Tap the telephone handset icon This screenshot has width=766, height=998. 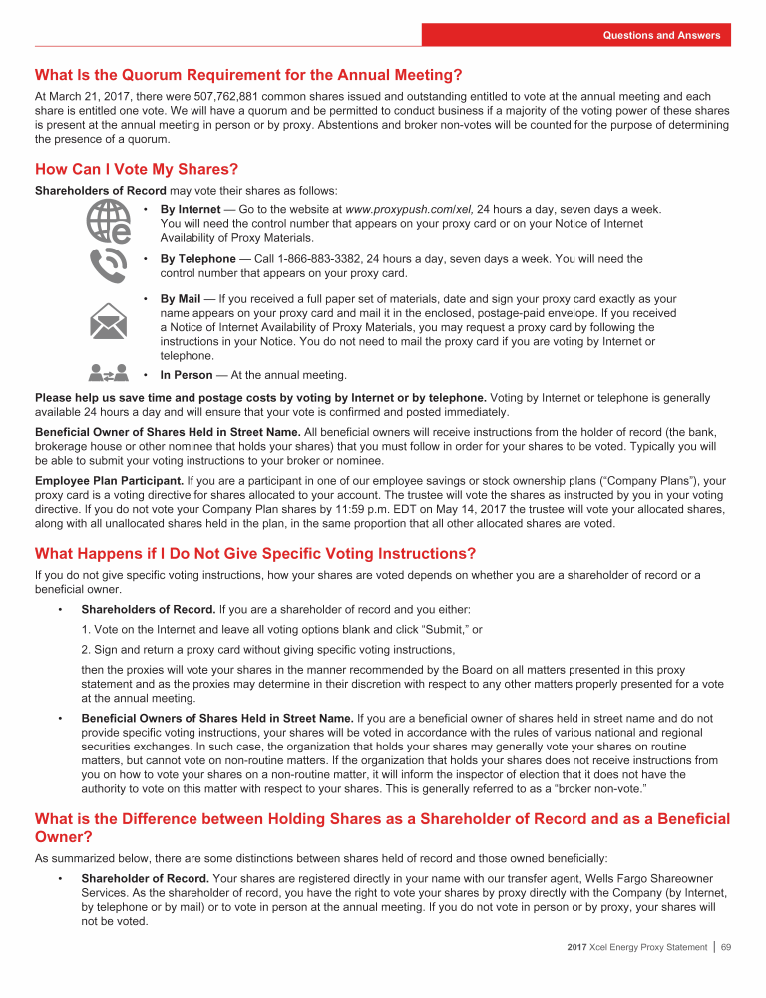[x=107, y=265]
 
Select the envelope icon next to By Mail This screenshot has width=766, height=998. [x=107, y=321]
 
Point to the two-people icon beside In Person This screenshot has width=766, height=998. [x=108, y=373]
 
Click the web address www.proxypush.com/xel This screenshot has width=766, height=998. [x=408, y=210]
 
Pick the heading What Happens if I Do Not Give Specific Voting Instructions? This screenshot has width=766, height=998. [x=255, y=554]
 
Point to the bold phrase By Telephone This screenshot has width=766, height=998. [x=197, y=259]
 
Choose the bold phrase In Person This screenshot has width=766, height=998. [x=187, y=375]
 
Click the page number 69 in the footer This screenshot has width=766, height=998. [x=726, y=975]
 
